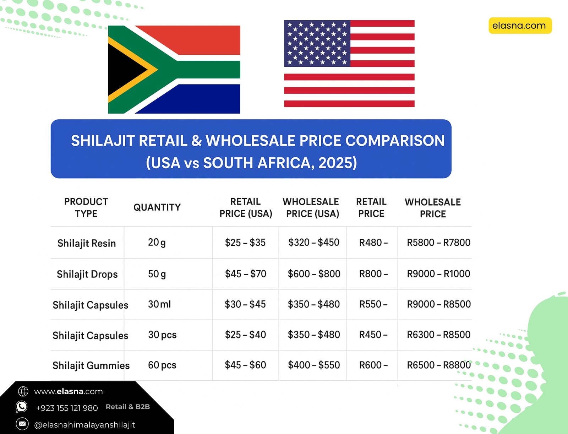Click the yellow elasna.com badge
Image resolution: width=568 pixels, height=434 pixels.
tap(520, 26)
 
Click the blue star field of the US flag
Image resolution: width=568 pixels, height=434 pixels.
tap(317, 43)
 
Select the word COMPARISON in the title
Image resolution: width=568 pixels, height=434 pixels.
tap(395, 141)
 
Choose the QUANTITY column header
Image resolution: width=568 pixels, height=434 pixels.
tap(157, 207)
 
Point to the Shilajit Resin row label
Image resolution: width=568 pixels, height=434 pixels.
tap(86, 243)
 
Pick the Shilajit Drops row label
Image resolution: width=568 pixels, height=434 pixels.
tap(87, 274)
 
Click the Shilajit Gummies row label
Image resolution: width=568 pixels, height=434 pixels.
tap(91, 365)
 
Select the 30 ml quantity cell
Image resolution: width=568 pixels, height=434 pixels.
tap(159, 304)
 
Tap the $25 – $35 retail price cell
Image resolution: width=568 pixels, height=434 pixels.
tap(245, 243)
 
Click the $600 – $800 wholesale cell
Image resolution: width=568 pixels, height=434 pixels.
tap(314, 273)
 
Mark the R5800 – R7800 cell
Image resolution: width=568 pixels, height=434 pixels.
tap(439, 243)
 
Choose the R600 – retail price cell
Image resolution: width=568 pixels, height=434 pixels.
tap(373, 365)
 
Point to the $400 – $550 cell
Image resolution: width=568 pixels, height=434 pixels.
tap(314, 365)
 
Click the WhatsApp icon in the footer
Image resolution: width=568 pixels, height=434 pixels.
tap(22, 407)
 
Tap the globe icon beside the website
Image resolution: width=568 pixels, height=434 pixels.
tap(23, 391)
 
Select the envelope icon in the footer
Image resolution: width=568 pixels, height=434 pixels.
tap(22, 424)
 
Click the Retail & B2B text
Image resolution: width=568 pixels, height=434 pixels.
tap(128, 407)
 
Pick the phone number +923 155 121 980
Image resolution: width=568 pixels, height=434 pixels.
tap(67, 408)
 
